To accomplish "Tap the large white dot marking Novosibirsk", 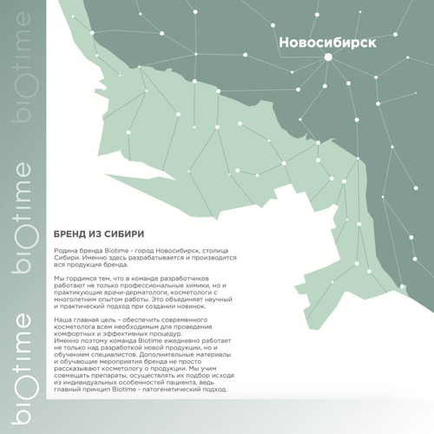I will tap(329, 57).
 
